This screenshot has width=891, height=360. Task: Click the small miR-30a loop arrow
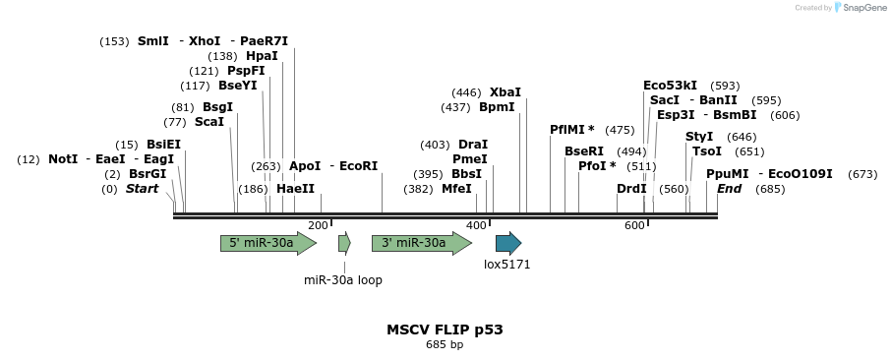tap(344, 243)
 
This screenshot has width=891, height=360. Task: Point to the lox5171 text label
tap(507, 265)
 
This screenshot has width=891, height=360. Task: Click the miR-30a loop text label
tap(343, 280)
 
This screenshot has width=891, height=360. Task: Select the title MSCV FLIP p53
tap(445, 330)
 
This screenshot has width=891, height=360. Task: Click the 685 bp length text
tap(445, 345)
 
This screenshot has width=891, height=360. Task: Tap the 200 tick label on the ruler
tap(318, 226)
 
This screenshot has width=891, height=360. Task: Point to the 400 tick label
tap(476, 226)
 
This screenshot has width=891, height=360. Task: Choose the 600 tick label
tap(634, 226)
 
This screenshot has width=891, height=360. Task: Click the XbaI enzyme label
tap(505, 92)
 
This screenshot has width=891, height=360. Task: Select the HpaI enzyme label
tap(262, 56)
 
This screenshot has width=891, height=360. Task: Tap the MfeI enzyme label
tap(456, 189)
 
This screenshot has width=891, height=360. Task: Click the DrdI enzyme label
tap(631, 189)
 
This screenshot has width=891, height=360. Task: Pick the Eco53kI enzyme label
tap(670, 86)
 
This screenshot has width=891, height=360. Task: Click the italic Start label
tap(142, 189)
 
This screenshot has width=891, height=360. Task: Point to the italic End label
tap(730, 189)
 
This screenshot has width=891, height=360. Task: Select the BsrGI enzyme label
tap(148, 174)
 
